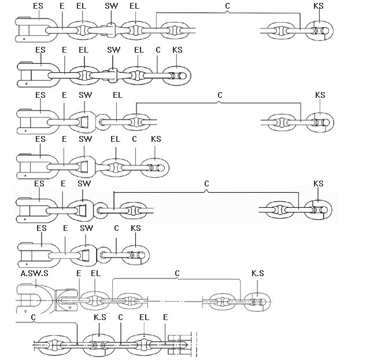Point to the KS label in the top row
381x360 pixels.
[x=318, y=5]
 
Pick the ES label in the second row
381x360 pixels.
[x=40, y=50]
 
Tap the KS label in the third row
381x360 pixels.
[x=320, y=95]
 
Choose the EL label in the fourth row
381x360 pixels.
[x=115, y=139]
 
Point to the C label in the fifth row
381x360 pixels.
[x=206, y=184]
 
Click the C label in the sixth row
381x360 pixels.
[x=116, y=229]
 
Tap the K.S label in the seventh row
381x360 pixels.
[x=258, y=273]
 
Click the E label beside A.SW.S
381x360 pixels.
[x=78, y=273]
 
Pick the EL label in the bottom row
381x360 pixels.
[x=145, y=318]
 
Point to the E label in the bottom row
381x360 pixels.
[x=165, y=318]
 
